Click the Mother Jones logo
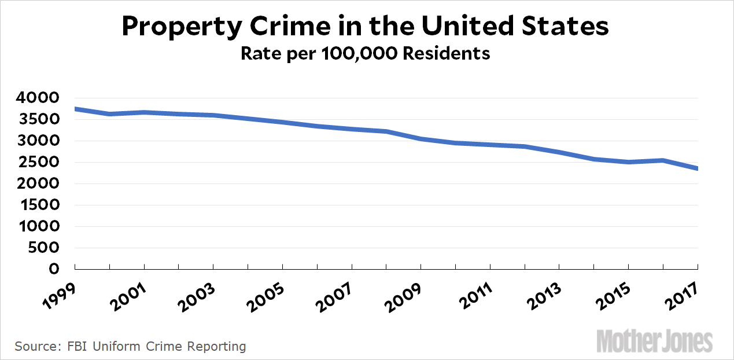654,341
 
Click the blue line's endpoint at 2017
698,168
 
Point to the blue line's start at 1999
76,109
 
